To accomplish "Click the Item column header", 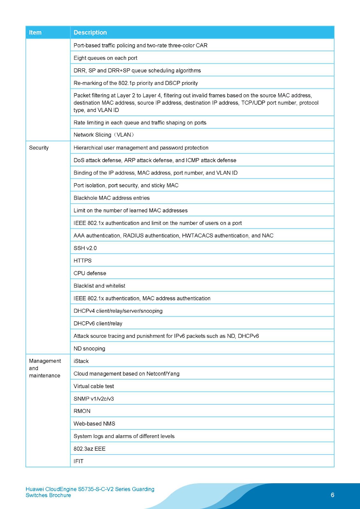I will (x=35, y=32).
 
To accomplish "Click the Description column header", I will (x=90, y=32).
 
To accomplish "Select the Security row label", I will (x=39, y=148).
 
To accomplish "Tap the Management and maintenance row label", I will (x=45, y=368).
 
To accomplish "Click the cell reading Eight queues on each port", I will (x=105, y=58).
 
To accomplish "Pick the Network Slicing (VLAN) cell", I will (x=104, y=135).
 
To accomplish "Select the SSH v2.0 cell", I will (x=85, y=248).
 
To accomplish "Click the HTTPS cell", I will (x=82, y=261).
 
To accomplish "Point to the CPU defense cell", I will (x=90, y=273).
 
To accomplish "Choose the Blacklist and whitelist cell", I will (x=99, y=286).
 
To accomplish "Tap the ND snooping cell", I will (x=89, y=349).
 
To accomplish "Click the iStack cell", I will (x=81, y=361).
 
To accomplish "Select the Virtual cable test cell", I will (x=94, y=386).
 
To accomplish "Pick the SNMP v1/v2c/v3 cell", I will (x=94, y=399).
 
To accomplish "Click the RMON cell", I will (x=82, y=411).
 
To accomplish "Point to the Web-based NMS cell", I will (x=94, y=424).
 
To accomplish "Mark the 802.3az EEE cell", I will (x=89, y=449).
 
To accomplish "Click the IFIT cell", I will (x=78, y=461).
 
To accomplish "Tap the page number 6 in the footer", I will (x=332, y=495).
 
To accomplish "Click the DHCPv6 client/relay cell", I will (x=98, y=324).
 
